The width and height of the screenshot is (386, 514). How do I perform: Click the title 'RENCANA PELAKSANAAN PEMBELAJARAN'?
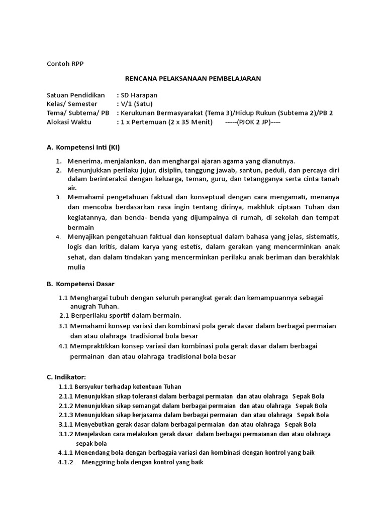tap(193, 79)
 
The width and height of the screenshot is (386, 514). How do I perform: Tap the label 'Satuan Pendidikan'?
tap(75, 95)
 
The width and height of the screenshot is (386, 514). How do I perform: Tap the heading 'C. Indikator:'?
tap(66, 376)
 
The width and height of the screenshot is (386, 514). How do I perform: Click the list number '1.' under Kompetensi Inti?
tap(59, 161)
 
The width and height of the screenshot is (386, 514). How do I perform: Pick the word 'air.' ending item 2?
tap(73, 188)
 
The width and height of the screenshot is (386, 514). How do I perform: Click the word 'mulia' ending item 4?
tap(76, 268)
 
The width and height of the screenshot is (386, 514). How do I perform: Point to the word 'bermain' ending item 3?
tap(80, 227)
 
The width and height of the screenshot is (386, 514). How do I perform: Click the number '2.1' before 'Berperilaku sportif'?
tap(64, 315)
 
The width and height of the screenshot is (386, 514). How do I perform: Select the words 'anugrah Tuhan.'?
tap(94, 306)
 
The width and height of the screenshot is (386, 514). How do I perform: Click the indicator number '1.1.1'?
tap(65, 387)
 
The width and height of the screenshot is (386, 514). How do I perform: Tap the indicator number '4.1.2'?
tap(65, 462)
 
